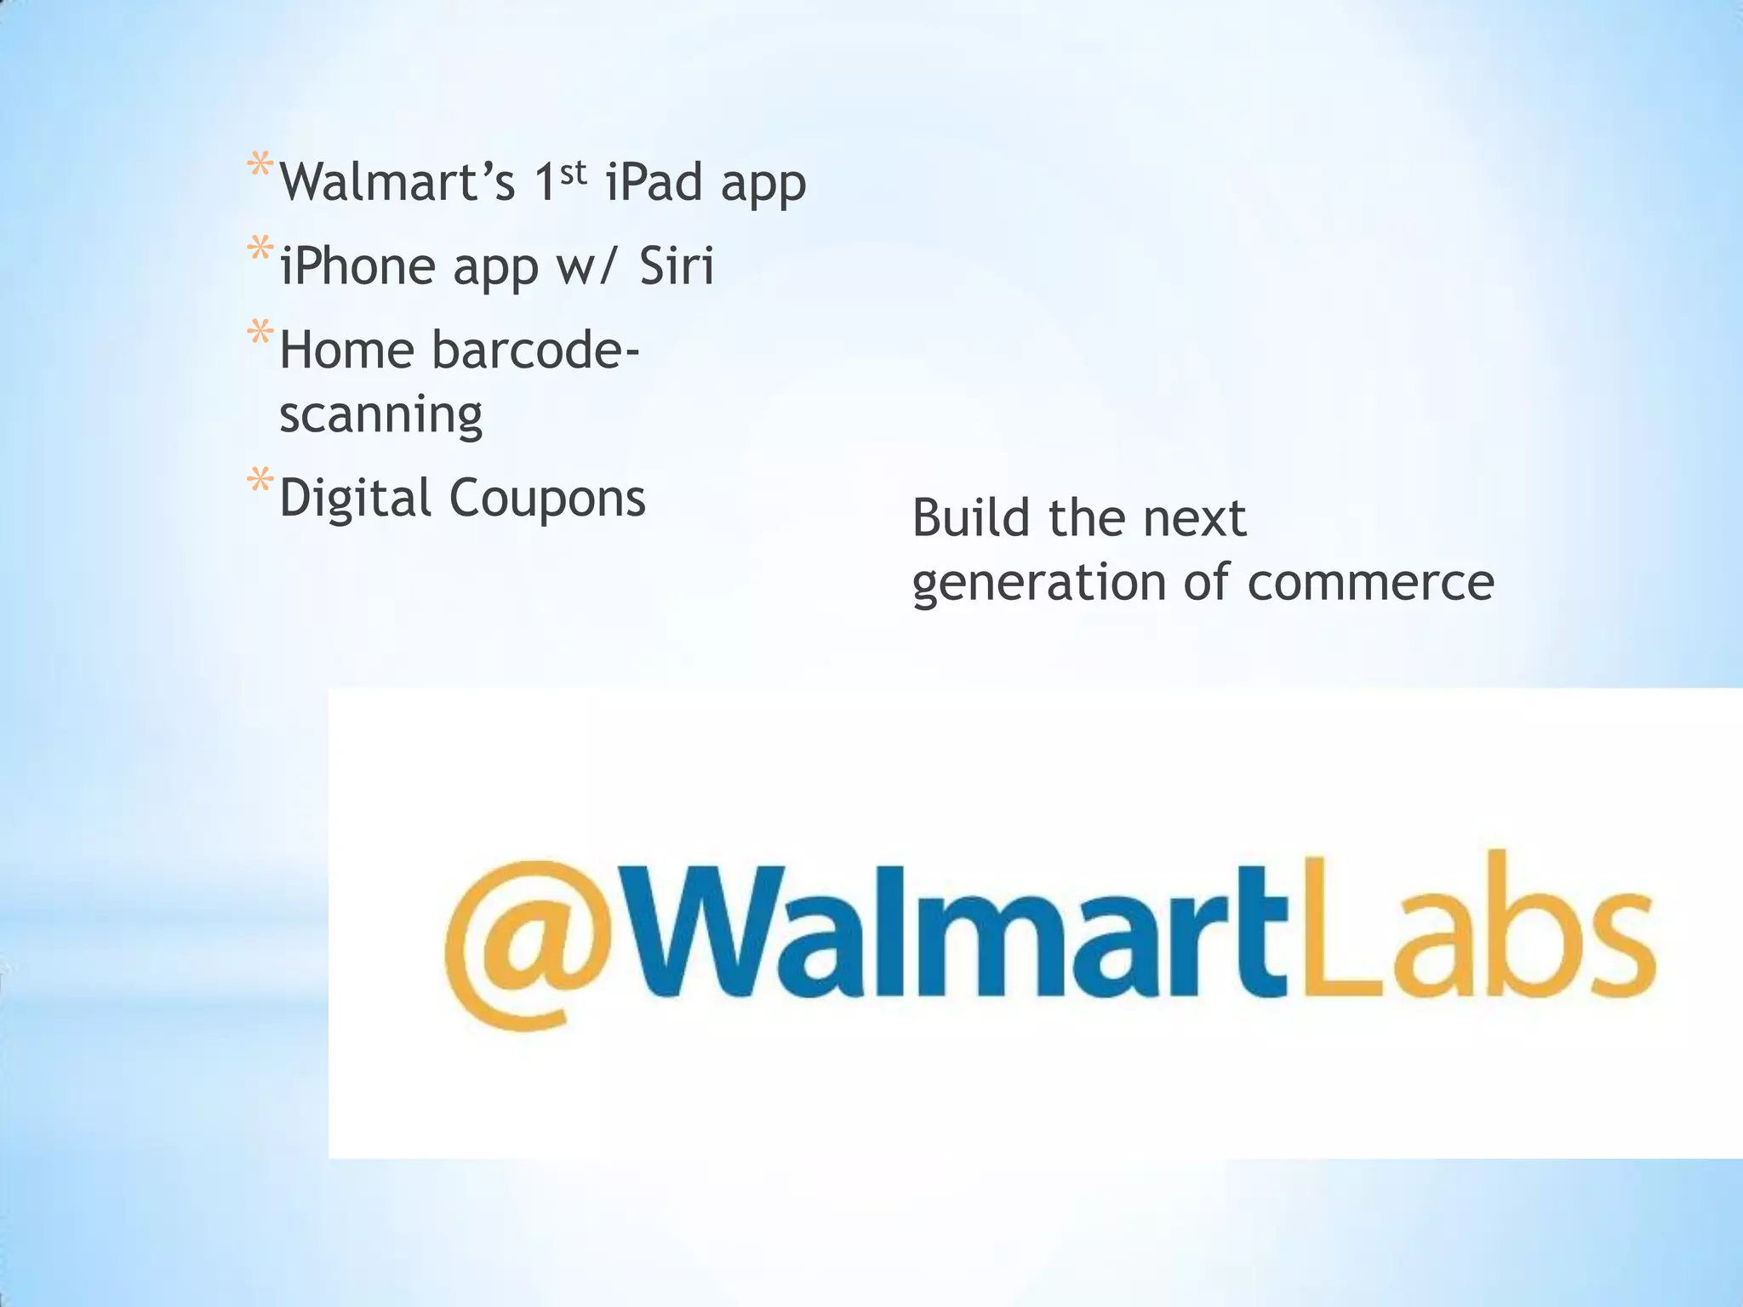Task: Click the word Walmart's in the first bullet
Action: coord(397,182)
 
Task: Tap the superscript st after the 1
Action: coord(574,172)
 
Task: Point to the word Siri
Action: coord(677,265)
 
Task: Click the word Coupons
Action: coord(547,499)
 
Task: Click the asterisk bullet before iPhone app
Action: coord(260,250)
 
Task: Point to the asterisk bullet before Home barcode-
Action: coord(260,334)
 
